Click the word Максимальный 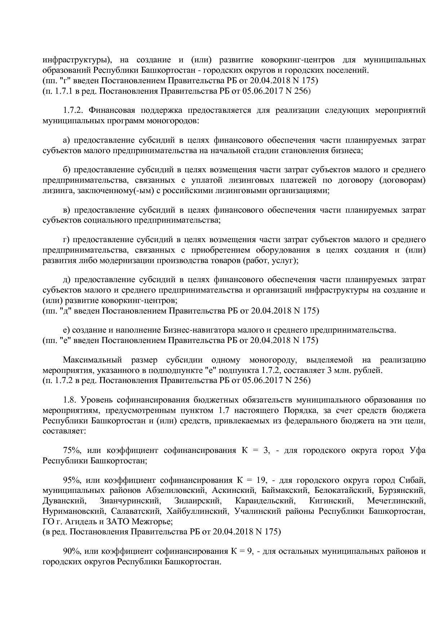pyautogui.click(x=92, y=360)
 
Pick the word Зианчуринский pyautogui.click(x=129, y=501)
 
